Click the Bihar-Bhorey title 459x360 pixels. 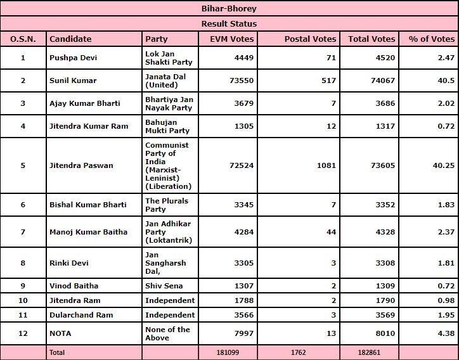(x=229, y=9)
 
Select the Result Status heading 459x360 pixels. (x=229, y=24)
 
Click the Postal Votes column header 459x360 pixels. (x=310, y=39)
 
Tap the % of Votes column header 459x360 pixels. (x=432, y=39)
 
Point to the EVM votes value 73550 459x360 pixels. (x=239, y=80)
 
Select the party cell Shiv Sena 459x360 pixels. (x=164, y=285)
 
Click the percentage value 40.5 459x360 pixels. (x=446, y=80)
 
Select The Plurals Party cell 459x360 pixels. (x=167, y=204)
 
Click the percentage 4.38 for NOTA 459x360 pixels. (x=446, y=333)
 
